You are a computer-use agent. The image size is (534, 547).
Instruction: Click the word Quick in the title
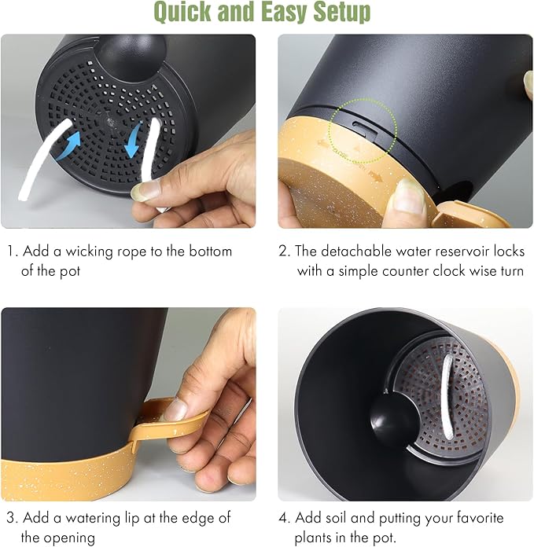click(182, 12)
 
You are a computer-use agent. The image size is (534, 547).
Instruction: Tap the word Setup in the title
click(341, 12)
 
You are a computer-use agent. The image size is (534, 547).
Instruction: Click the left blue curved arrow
click(69, 146)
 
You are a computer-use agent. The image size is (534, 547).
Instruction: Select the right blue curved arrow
click(133, 141)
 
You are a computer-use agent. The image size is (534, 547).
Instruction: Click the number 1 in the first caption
click(11, 251)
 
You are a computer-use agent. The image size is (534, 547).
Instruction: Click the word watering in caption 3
click(93, 518)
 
